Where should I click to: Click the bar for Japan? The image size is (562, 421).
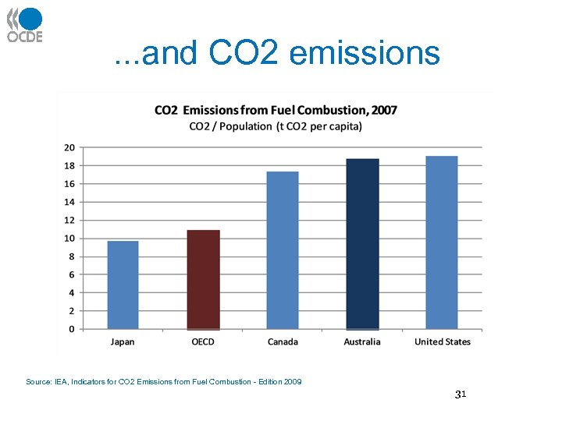click(x=123, y=285)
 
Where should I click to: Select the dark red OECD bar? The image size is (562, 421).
click(x=203, y=280)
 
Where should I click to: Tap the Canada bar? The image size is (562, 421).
click(x=283, y=250)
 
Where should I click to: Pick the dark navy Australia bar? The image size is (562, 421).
click(x=362, y=244)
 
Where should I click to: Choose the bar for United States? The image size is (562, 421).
click(x=442, y=242)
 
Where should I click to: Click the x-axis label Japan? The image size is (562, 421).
click(x=123, y=341)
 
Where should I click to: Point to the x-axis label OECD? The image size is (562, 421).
click(x=203, y=341)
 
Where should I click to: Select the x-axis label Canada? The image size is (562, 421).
click(x=283, y=341)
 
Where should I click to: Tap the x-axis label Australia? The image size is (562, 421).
click(x=362, y=341)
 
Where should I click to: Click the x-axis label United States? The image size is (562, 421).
click(x=443, y=341)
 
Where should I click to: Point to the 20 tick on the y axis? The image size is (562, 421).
click(x=69, y=147)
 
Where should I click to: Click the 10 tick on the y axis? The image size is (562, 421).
click(x=69, y=239)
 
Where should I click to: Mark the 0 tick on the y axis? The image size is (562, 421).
click(x=72, y=329)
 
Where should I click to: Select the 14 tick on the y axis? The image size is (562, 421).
click(x=69, y=202)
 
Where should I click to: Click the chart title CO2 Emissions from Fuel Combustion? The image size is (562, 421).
click(x=276, y=110)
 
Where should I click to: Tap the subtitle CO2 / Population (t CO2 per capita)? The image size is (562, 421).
click(x=276, y=126)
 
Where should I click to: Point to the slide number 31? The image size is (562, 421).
click(x=460, y=395)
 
